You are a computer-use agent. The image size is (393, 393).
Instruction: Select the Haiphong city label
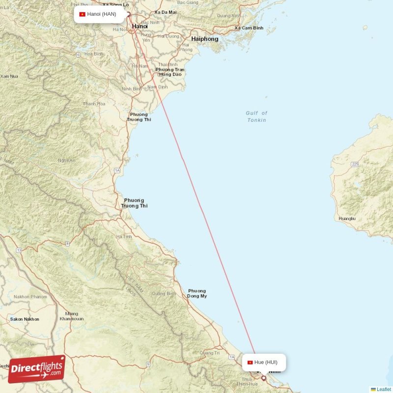205,39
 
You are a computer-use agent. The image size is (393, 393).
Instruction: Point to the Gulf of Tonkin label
256,116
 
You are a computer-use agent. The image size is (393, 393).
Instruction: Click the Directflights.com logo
36,369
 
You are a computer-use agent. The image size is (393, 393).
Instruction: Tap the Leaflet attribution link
383,389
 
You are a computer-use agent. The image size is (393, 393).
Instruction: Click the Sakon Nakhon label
25,319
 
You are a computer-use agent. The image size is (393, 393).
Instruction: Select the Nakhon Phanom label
30,297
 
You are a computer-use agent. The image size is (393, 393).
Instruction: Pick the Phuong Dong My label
197,293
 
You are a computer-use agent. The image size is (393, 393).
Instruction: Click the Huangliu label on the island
347,218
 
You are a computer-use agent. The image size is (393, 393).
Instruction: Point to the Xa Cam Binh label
249,28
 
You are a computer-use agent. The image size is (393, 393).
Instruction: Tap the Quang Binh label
164,294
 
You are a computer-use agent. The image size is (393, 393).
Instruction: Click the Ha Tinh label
124,237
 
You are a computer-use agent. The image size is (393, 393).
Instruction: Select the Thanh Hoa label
94,104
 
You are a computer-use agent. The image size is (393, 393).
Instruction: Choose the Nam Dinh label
157,87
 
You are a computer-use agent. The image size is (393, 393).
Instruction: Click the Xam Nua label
9,76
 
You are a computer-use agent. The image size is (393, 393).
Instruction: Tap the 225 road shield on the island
355,164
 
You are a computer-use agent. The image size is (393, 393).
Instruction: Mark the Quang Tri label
210,353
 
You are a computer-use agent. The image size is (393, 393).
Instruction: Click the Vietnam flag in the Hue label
250,363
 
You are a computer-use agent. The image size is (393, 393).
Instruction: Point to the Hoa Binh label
93,54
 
